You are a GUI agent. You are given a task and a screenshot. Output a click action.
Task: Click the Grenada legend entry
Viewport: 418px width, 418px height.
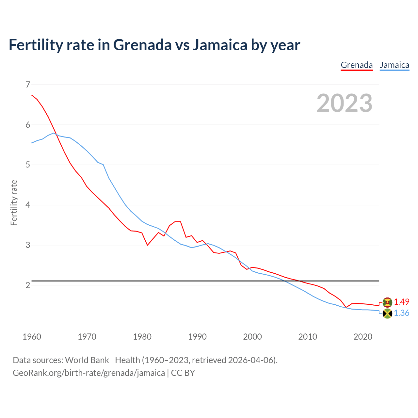tap(357, 65)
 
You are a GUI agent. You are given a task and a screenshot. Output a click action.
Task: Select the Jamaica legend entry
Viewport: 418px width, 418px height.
tap(394, 65)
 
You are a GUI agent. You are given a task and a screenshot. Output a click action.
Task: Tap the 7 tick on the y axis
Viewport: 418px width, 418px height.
tap(27, 85)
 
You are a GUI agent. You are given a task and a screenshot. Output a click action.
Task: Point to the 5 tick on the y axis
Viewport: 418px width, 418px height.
tap(27, 165)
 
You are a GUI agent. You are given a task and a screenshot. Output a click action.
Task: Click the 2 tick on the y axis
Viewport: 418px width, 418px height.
tap(27, 285)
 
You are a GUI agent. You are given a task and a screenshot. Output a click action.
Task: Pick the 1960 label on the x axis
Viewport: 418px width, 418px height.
tap(32, 337)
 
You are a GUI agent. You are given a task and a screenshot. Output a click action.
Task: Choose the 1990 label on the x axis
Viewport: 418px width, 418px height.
tap(197, 337)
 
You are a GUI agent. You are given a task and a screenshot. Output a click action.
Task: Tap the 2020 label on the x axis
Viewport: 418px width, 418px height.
tap(363, 337)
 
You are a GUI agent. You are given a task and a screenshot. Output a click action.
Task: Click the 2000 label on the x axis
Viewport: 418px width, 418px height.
tap(252, 337)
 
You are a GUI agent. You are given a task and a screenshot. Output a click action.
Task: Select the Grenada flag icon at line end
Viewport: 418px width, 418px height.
tap(387, 302)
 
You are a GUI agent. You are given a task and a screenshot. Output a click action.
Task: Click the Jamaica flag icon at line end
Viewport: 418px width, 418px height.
tap(387, 313)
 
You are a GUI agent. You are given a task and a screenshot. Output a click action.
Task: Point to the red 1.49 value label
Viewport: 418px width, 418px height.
tap(401, 302)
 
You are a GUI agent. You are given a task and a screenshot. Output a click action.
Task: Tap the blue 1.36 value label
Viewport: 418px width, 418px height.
tap(401, 313)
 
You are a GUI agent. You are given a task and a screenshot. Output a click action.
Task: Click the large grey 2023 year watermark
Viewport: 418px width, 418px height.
tap(345, 103)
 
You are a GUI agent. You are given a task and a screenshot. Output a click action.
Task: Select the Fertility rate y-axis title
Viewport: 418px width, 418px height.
tap(14, 202)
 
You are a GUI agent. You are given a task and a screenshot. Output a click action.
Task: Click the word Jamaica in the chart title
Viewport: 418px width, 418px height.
tap(220, 45)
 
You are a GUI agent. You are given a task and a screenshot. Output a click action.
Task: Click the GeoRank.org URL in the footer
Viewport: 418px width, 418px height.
tap(89, 373)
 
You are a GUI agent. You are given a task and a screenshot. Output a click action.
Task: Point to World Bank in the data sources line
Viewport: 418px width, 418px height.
tap(87, 360)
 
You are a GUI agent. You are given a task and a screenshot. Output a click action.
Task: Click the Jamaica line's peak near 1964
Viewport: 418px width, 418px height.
tap(54, 133)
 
